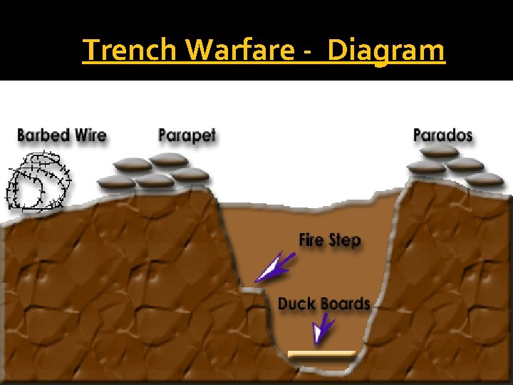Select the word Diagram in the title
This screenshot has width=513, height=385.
387,51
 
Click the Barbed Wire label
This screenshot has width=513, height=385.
61,135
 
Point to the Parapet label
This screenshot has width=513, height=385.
187,135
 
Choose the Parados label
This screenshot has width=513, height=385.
442,135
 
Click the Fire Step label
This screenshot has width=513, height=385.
330,240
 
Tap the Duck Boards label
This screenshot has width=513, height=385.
324,304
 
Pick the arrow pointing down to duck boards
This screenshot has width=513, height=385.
324,329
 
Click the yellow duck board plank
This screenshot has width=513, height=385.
321,354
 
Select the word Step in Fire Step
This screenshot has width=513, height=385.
345,240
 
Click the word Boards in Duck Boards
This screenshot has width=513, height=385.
345,304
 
